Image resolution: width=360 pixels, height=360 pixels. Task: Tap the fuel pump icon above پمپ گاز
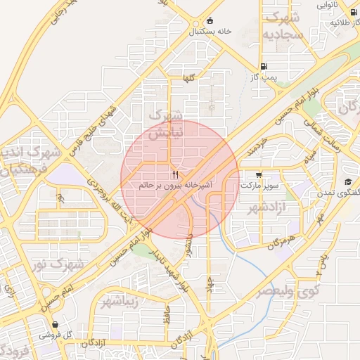point(264,68)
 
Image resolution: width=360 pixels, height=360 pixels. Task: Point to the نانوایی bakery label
point(345,6)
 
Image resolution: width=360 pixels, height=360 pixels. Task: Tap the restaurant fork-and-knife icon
point(175,174)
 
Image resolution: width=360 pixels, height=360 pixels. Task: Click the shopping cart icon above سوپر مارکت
point(259,174)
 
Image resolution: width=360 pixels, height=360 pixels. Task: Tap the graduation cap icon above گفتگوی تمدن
point(347,182)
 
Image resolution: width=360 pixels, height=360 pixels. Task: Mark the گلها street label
point(188,79)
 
